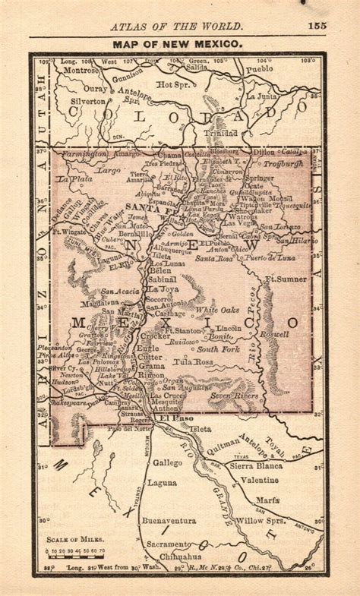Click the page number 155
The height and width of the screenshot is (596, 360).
[x=317, y=26]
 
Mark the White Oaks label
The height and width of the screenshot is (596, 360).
[x=218, y=310]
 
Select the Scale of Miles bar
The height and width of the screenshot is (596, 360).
[x=77, y=556]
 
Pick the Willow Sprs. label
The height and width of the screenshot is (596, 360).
[x=261, y=521]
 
